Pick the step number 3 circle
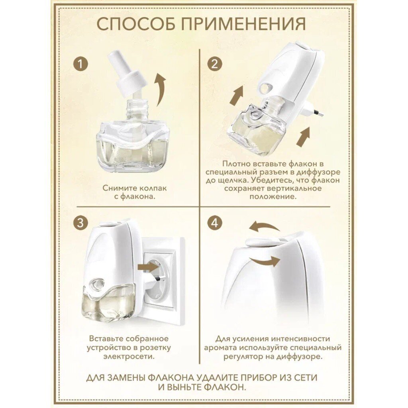point(80,224)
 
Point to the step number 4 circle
point(215,224)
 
